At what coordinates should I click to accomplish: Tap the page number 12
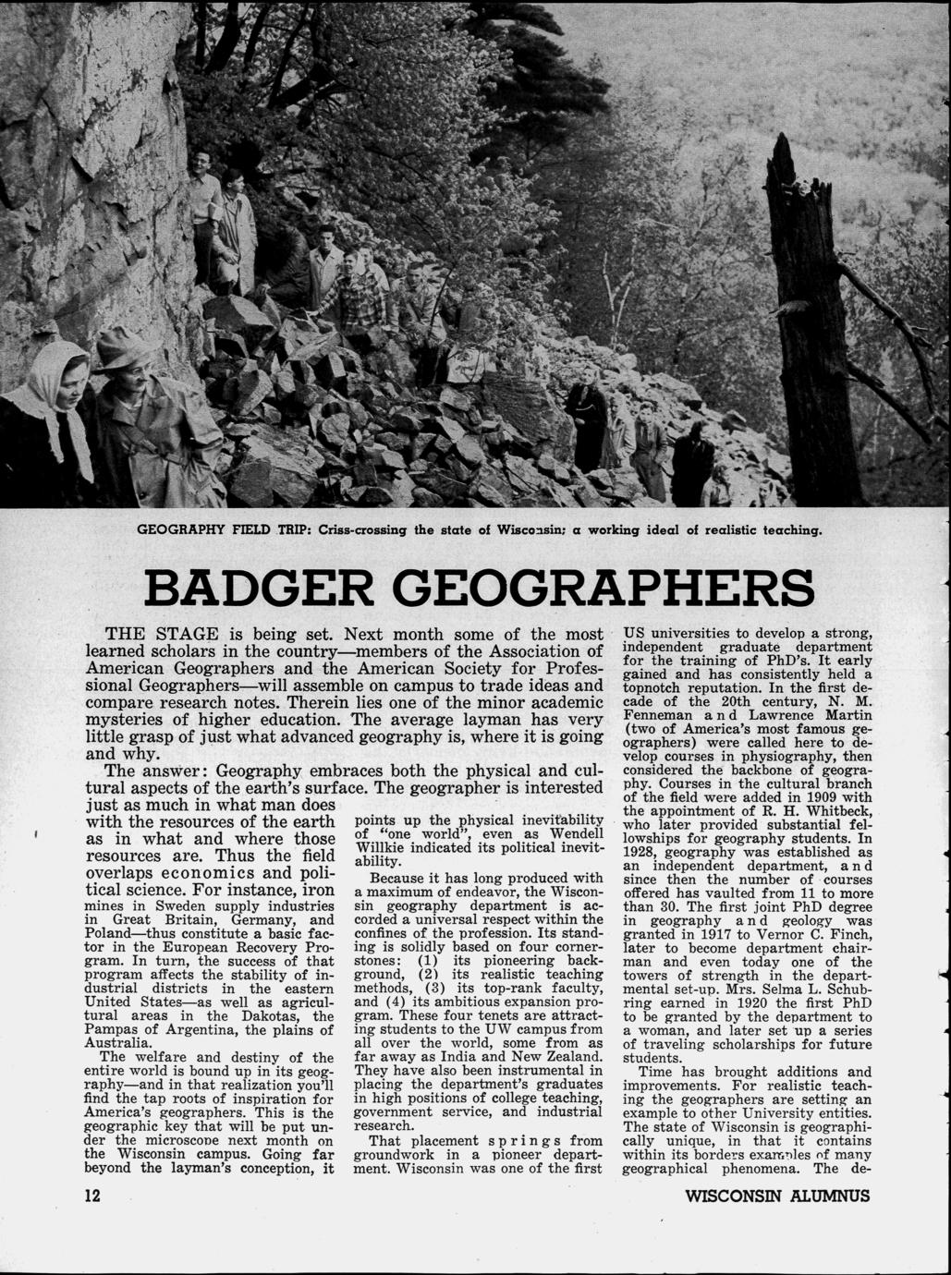click(x=91, y=1196)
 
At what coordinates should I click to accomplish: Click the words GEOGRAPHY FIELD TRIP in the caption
click(x=222, y=532)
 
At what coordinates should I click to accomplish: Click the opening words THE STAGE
click(x=162, y=636)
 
